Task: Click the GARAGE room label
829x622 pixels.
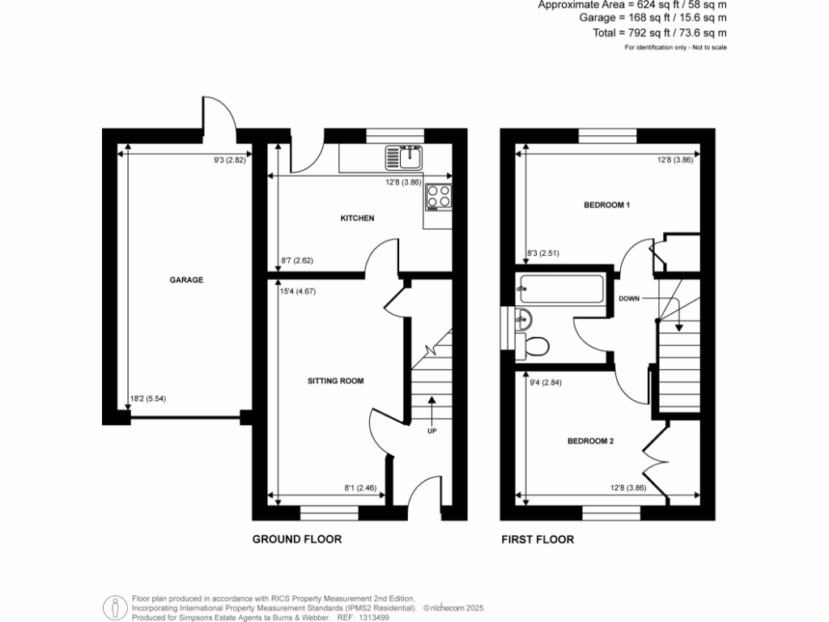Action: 186,280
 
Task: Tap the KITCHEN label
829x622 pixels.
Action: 357,219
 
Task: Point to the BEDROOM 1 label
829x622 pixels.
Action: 607,206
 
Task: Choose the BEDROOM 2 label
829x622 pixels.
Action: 590,441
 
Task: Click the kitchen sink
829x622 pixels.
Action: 405,155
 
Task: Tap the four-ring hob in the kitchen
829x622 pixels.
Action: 439,196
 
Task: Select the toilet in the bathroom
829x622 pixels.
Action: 536,346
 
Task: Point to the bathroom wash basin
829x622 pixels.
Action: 523,318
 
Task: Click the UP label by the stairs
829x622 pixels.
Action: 432,431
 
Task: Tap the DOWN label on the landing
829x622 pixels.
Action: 630,299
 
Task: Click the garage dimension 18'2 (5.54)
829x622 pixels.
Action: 154,398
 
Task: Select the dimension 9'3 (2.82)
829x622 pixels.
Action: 230,160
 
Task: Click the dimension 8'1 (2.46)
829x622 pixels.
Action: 361,488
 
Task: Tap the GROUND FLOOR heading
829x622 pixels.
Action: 297,539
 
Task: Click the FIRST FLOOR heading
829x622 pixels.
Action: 538,539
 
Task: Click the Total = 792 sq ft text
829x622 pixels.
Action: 660,32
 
